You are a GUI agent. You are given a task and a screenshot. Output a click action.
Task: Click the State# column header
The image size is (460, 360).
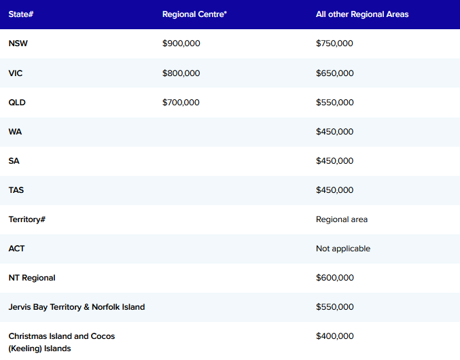21,14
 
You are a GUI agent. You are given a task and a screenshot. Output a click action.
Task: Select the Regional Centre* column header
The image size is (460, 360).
194,14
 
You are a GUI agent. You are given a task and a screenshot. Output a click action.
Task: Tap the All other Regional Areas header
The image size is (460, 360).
362,14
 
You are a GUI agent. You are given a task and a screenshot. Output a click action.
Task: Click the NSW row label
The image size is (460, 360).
18,43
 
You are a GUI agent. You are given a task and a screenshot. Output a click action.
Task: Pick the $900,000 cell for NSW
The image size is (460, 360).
181,43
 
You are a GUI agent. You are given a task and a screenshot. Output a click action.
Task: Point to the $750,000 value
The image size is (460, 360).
334,43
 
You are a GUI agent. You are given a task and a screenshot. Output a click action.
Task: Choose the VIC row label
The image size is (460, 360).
15,73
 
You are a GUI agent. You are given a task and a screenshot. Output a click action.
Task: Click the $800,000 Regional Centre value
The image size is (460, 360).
181,73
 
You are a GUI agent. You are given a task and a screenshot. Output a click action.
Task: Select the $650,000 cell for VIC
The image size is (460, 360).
335,73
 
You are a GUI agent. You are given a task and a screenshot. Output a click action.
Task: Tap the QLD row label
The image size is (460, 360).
17,103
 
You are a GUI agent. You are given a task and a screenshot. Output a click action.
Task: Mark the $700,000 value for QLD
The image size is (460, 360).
181,103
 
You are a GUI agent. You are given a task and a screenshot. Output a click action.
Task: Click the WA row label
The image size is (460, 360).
15,132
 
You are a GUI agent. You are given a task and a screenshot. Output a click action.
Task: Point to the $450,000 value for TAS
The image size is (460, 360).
334,190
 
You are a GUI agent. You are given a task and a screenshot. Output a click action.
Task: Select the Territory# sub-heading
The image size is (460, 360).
27,219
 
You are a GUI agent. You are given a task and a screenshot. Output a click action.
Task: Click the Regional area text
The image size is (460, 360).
342,219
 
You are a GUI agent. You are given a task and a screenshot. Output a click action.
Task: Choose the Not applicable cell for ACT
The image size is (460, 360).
343,249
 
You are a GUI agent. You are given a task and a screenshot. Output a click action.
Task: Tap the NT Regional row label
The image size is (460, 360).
32,278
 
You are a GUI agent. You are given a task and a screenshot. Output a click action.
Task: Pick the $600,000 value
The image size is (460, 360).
335,278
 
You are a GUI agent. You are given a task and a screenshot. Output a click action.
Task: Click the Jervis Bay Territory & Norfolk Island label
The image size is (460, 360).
77,307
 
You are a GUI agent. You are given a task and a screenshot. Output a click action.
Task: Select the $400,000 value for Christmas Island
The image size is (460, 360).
335,336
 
